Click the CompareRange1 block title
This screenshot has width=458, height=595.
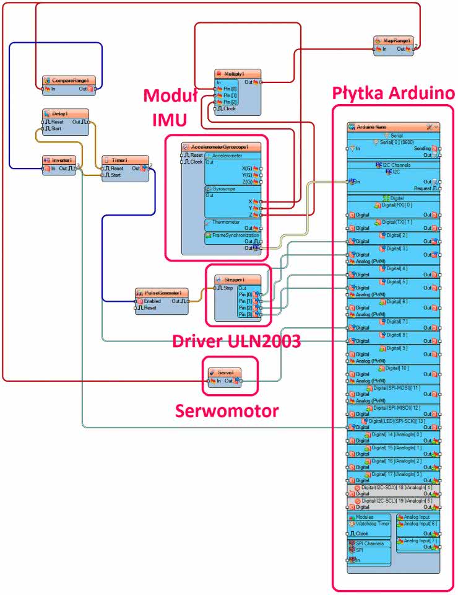click(69, 81)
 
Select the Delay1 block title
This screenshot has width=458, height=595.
click(59, 114)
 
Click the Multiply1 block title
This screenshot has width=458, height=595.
click(238, 74)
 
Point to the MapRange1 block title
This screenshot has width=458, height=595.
click(396, 40)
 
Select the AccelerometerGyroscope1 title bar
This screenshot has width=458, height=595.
click(221, 147)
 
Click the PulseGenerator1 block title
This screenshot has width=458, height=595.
click(162, 293)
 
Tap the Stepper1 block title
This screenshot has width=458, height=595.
click(234, 280)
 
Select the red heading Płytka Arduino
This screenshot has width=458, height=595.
click(393, 93)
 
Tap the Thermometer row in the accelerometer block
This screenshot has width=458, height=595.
click(227, 221)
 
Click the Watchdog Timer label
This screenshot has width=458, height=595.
click(373, 523)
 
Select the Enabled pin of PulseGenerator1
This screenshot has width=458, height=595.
click(152, 301)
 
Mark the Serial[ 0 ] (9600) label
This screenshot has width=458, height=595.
click(394, 142)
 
